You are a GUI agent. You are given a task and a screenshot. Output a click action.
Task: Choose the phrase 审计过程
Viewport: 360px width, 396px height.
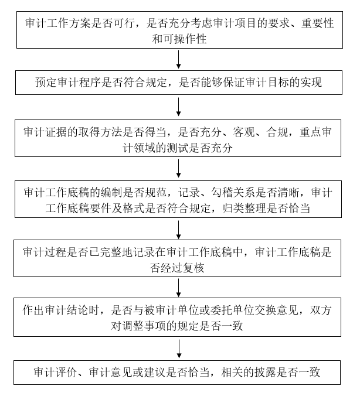44,252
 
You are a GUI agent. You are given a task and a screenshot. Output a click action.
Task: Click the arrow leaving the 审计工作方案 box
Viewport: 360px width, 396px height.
179,59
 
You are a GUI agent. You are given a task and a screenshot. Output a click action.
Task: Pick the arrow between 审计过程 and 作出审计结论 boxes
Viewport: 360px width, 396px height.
179,288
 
